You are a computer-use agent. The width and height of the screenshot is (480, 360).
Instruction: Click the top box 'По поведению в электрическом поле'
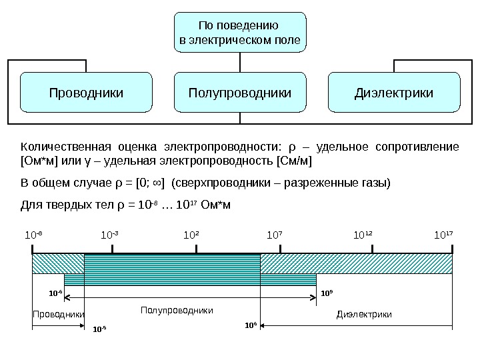coord(240,33)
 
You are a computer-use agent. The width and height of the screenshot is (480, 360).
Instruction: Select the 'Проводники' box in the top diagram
coord(87,92)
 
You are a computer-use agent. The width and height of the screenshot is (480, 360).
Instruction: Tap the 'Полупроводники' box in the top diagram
coord(240,92)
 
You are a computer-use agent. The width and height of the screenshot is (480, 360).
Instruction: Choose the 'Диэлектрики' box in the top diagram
coord(394,92)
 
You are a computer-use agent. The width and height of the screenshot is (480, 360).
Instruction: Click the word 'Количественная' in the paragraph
coord(63,147)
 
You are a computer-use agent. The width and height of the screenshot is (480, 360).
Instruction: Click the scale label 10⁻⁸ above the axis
coord(33,235)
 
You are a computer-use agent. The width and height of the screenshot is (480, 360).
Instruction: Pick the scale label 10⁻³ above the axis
coord(110,235)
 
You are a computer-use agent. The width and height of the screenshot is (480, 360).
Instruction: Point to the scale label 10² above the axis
coord(191,235)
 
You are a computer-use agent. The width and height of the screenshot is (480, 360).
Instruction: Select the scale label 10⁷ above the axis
coord(275,235)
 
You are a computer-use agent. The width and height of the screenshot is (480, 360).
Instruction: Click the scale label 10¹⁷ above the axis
coord(443,235)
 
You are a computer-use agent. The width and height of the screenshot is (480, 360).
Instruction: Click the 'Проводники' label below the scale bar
coord(59,314)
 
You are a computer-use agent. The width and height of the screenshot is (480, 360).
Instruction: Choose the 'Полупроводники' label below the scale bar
coord(177,311)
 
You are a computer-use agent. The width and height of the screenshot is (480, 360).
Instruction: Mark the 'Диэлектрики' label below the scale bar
coord(364,314)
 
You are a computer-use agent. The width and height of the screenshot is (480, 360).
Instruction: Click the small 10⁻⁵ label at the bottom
coord(99,329)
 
